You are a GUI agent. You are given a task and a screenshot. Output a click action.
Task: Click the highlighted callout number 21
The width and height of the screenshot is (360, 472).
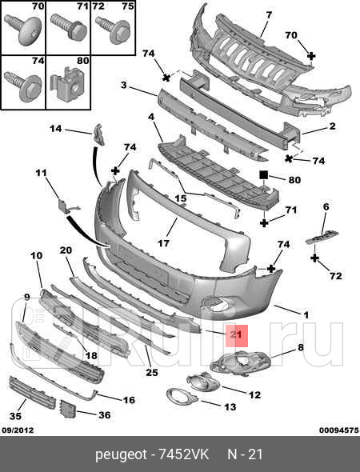[236, 334]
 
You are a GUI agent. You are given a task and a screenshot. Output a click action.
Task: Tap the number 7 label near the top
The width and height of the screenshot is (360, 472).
[269, 14]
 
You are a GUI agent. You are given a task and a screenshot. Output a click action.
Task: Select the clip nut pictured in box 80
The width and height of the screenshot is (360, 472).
[67, 85]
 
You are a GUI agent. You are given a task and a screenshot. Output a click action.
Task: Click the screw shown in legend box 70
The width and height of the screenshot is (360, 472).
[23, 30]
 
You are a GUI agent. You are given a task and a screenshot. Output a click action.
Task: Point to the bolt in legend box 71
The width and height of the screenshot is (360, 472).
[69, 27]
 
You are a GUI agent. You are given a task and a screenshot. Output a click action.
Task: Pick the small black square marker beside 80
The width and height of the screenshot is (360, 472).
[263, 175]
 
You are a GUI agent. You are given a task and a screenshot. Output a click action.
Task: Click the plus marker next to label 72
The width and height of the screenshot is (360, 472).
[315, 258]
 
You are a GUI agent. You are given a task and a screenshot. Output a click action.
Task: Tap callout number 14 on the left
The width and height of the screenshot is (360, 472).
[56, 129]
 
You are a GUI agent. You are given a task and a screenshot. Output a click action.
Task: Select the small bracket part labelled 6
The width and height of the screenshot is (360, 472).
[322, 237]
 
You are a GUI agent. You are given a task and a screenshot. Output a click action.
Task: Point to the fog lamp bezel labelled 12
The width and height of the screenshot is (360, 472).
[203, 382]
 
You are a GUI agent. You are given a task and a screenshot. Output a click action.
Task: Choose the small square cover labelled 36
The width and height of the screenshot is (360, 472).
[68, 409]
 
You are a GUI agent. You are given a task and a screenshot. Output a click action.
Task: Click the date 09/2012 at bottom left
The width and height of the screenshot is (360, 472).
[18, 430]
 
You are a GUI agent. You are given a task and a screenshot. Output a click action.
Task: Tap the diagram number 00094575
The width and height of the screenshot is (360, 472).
[339, 430]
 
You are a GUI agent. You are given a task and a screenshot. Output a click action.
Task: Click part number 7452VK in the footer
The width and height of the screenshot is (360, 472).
[184, 454]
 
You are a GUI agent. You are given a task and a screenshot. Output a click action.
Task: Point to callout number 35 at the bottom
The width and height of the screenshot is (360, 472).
[15, 416]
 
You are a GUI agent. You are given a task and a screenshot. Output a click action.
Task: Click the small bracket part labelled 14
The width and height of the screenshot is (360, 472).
[98, 134]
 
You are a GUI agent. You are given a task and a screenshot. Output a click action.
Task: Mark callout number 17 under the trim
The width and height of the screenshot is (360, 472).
[164, 243]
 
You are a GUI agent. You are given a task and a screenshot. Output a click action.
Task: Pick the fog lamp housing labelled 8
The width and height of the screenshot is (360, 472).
[241, 362]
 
